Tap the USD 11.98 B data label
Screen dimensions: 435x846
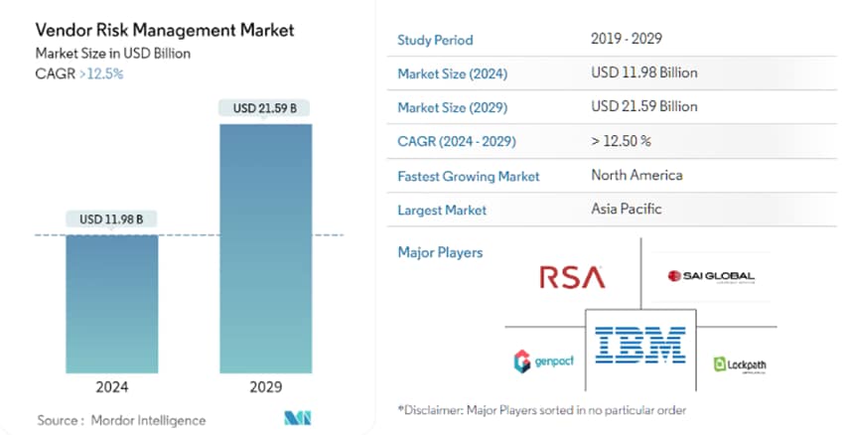click(x=111, y=219)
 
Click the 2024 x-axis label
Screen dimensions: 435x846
click(x=111, y=386)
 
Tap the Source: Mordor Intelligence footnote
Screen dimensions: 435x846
click(x=122, y=420)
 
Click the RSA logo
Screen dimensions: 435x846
click(x=572, y=277)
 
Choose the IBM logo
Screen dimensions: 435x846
click(x=640, y=344)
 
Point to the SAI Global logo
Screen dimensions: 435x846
click(x=711, y=276)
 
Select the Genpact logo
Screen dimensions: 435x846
click(x=543, y=362)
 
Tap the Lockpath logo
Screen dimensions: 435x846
click(x=740, y=364)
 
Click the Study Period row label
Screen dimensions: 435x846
click(x=435, y=41)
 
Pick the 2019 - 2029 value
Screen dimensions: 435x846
click(x=626, y=40)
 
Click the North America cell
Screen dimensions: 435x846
click(x=636, y=175)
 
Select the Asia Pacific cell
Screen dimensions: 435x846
click(x=626, y=209)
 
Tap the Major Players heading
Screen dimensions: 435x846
click(x=440, y=252)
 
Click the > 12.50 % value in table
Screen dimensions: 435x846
click(x=621, y=141)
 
